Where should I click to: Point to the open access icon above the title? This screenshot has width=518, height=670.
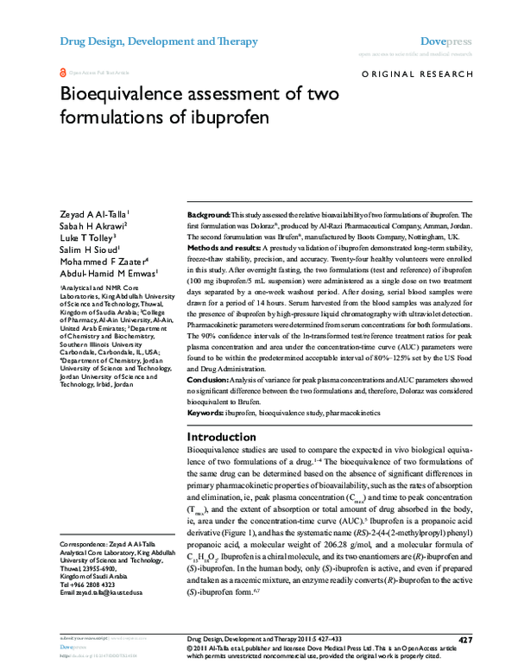pos(62,75)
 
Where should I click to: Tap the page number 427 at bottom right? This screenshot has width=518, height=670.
pos(464,640)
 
